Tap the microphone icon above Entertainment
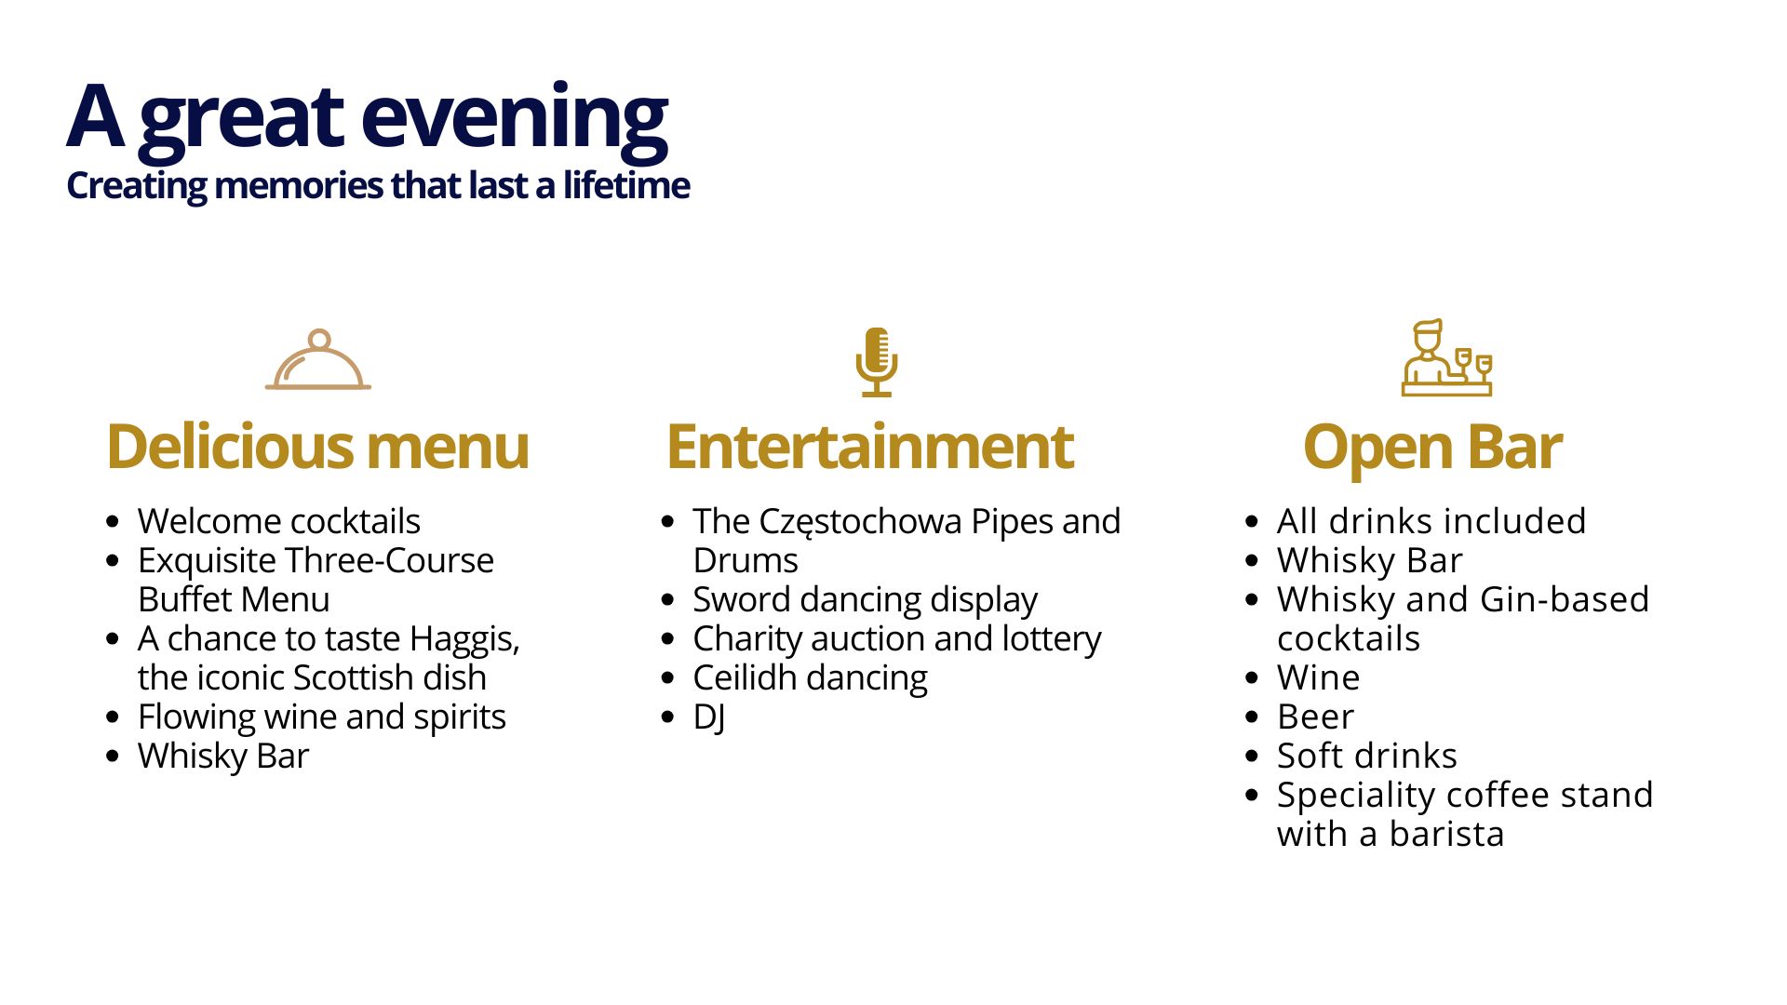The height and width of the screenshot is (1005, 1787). (x=877, y=362)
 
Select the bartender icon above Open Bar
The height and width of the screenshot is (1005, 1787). (x=1447, y=358)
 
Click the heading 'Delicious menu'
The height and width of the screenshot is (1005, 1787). (x=317, y=447)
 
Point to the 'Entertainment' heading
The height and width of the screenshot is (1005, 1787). (x=870, y=447)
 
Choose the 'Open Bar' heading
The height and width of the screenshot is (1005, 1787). (x=1432, y=449)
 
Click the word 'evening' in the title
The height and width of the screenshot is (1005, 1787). (x=514, y=119)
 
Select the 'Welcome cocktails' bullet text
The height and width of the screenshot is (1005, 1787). (x=279, y=521)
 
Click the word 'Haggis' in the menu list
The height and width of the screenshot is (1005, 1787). (x=464, y=640)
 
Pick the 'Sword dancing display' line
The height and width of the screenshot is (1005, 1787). (x=865, y=601)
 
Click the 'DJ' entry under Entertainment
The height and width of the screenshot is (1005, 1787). (x=709, y=717)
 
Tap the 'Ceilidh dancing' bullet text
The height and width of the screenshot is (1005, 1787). (x=810, y=678)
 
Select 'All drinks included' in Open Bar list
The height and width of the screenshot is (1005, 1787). (x=1431, y=521)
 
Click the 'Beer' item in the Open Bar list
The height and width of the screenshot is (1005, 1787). (x=1315, y=717)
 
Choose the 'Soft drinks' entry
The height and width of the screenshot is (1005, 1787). (x=1367, y=756)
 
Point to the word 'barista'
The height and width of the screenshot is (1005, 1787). (x=1446, y=834)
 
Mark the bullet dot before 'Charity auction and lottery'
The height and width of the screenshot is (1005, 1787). (x=667, y=639)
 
